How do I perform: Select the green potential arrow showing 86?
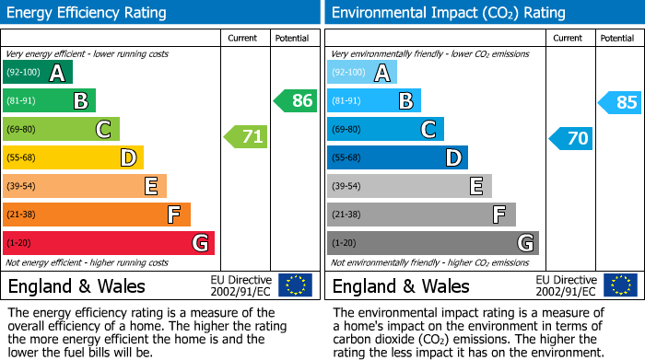pyautogui.click(x=296, y=100)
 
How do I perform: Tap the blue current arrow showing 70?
pyautogui.click(x=570, y=138)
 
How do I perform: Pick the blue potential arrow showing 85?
pyautogui.click(x=620, y=102)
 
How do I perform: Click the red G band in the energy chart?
pyautogui.click(x=109, y=243)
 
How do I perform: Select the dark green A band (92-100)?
pyautogui.click(x=38, y=73)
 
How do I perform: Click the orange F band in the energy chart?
pyautogui.click(x=97, y=215)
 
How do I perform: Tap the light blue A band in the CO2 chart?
pyautogui.click(x=362, y=73)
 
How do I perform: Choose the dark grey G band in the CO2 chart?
pyautogui.click(x=433, y=243)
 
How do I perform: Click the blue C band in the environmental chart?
pyautogui.click(x=385, y=129)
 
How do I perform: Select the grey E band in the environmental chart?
pyautogui.click(x=409, y=186)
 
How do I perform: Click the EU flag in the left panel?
pyautogui.click(x=295, y=285)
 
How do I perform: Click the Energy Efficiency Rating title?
pyautogui.click(x=88, y=13)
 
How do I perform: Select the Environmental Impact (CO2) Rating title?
pyautogui.click(x=448, y=13)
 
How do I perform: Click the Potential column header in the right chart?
pyautogui.click(x=617, y=38)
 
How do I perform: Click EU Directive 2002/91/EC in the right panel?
pyautogui.click(x=565, y=285)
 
